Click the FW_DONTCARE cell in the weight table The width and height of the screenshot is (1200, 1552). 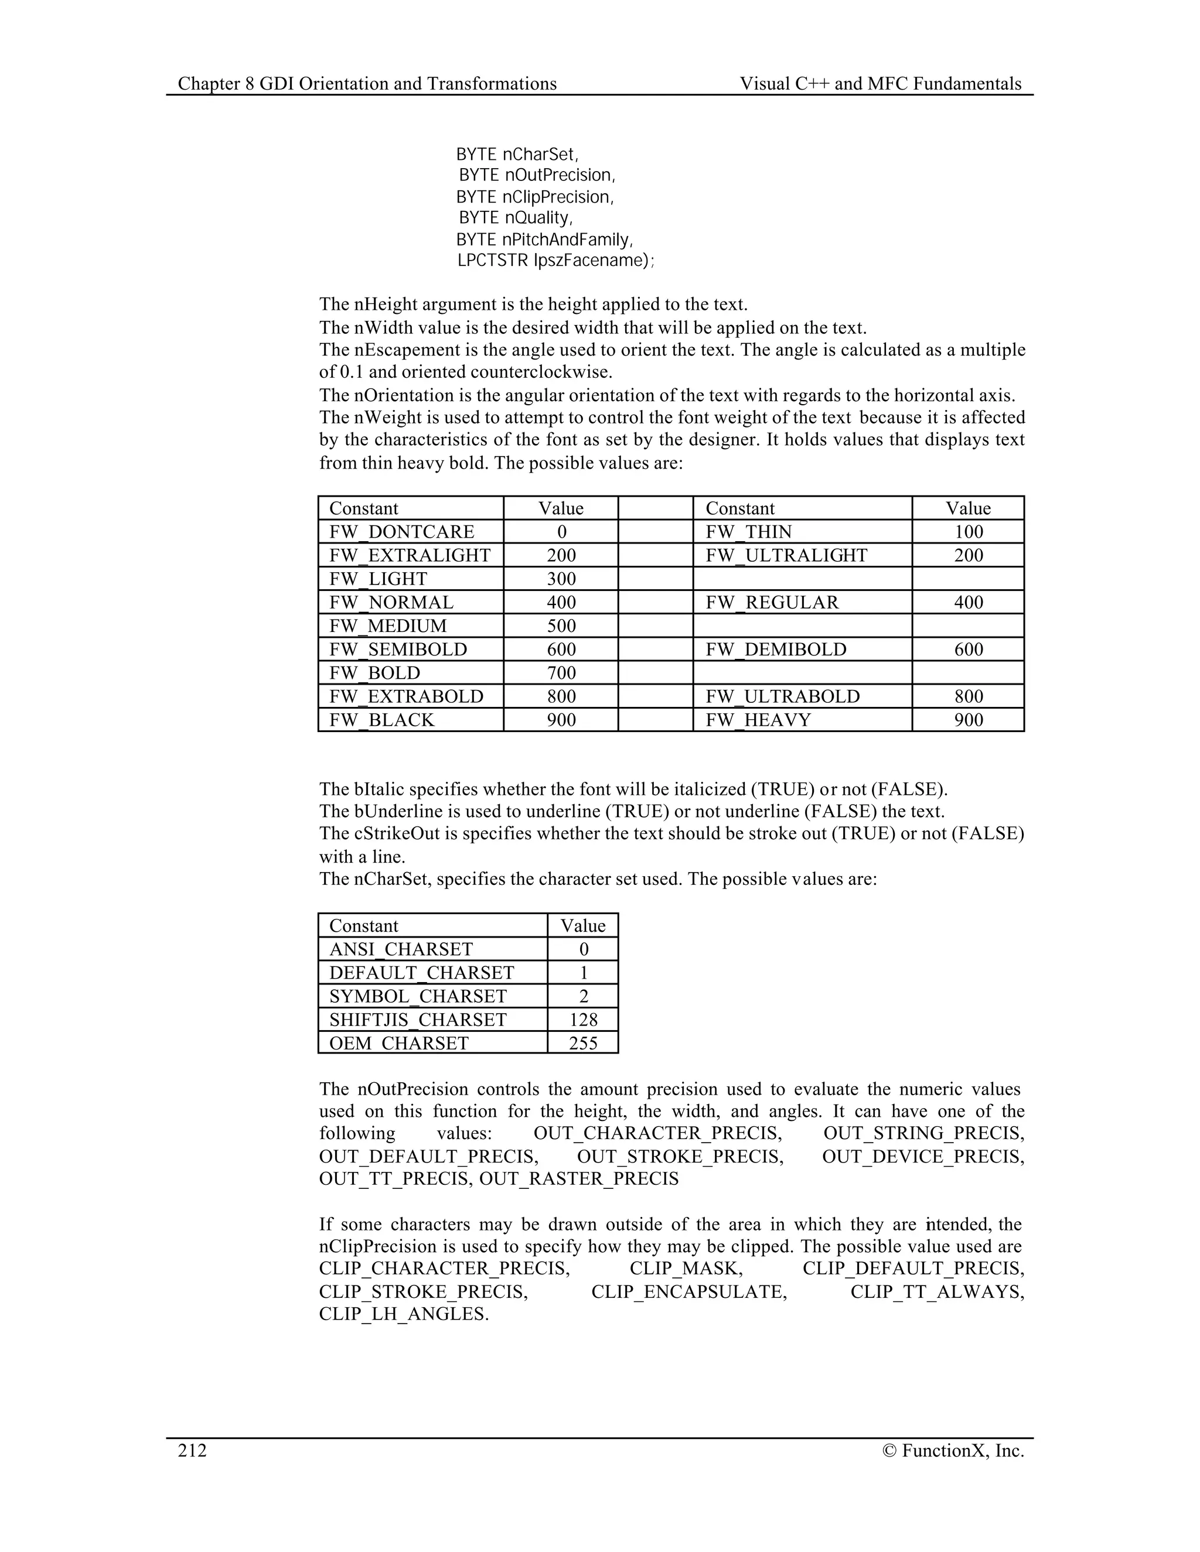[x=401, y=532]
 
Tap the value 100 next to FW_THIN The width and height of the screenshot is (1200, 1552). [x=967, y=532]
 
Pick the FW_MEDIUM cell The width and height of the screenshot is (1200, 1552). [x=387, y=625]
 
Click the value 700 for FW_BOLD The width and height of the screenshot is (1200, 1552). [x=561, y=672]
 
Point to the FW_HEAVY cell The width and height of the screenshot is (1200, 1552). [x=758, y=720]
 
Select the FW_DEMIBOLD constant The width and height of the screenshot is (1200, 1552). [x=776, y=649]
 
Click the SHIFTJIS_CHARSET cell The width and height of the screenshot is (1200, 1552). [x=417, y=1020]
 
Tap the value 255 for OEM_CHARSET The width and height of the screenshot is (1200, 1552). [x=583, y=1043]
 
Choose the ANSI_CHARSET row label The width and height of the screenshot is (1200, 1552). [x=400, y=949]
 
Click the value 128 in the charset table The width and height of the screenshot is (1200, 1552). [x=583, y=1020]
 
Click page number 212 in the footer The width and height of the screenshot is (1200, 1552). [x=192, y=1450]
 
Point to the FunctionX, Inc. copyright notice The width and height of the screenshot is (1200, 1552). [x=953, y=1450]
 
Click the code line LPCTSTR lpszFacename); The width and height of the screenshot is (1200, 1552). [x=555, y=261]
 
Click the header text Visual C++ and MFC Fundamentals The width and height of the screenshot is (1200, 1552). [x=880, y=84]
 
